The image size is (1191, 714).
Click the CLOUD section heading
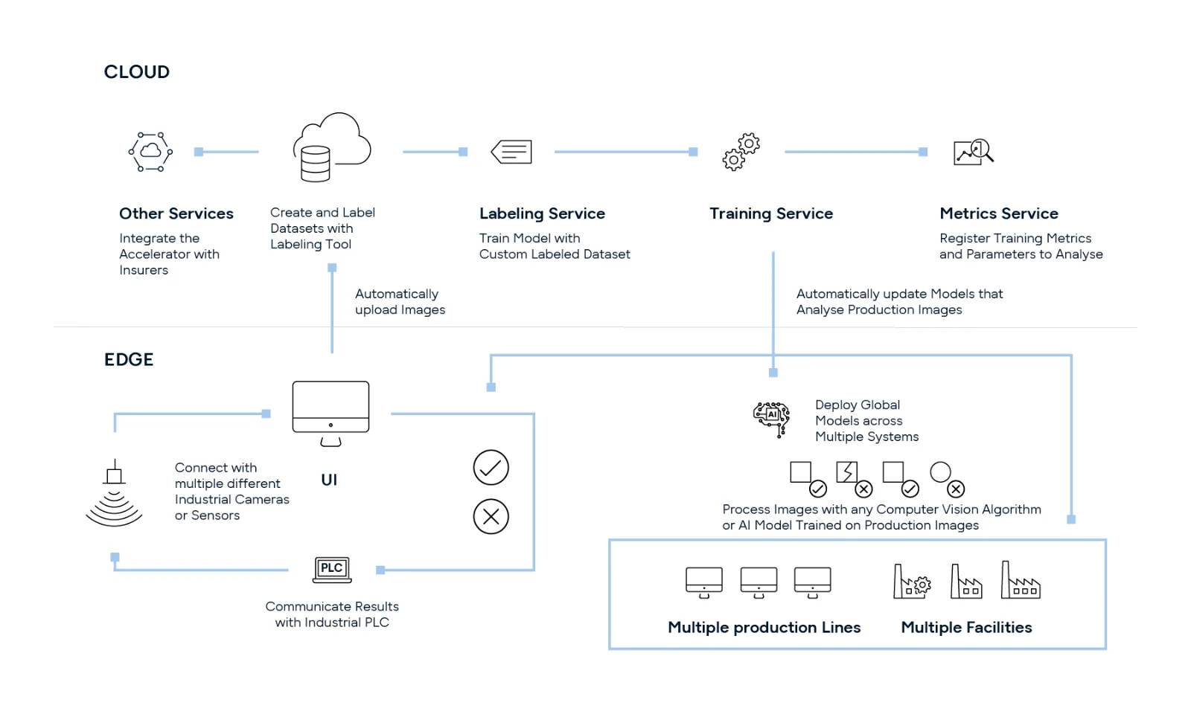tap(136, 72)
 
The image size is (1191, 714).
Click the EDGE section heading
tap(129, 360)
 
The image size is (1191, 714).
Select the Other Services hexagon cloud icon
tap(150, 152)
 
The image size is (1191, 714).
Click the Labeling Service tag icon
tap(511, 152)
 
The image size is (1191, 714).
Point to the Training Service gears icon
tap(741, 152)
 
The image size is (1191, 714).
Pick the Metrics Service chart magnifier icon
tap(973, 152)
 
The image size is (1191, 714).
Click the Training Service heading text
tap(770, 214)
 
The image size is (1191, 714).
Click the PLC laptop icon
tap(331, 570)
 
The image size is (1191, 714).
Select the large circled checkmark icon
tap(491, 468)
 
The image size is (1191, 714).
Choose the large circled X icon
tap(491, 516)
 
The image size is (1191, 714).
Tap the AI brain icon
tap(771, 418)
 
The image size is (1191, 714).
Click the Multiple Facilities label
tap(965, 628)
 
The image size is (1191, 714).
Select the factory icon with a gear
tap(911, 582)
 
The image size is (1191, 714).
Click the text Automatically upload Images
tap(400, 302)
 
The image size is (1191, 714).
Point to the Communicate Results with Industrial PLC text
tap(332, 614)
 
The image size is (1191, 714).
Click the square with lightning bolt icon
tap(847, 472)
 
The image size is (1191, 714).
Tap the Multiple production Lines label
tap(764, 628)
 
